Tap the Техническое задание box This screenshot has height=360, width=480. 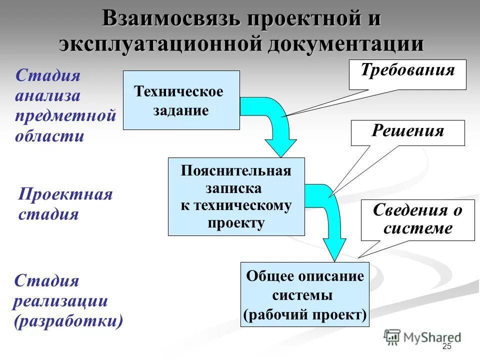tap(181, 100)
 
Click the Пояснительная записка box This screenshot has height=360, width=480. tap(236, 196)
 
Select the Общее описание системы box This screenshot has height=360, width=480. tap(304, 294)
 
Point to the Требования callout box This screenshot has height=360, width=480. tap(407, 74)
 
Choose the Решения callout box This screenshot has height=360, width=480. tap(407, 132)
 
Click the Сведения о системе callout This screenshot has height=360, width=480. tap(417, 220)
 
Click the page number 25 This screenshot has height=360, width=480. tap(446, 347)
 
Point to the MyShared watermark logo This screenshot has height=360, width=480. tap(422, 337)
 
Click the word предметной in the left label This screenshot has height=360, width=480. tap(65, 115)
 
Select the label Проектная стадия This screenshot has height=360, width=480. tap(65, 204)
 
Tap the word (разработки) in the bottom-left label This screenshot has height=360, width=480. tap(68, 320)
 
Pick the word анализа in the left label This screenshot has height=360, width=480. tap(47, 96)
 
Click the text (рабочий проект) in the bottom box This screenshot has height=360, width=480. tap(304, 315)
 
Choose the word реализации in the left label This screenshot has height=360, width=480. tap(61, 301)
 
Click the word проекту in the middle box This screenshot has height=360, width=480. tap(236, 223)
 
